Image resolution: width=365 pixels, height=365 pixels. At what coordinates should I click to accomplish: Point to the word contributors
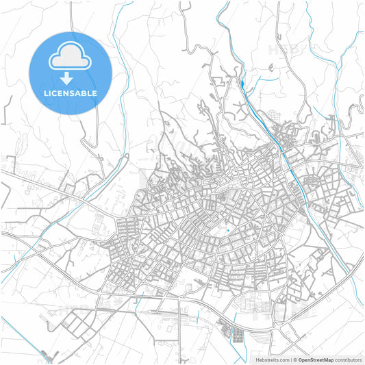click(x=347, y=359)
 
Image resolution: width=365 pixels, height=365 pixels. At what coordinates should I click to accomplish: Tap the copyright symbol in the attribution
click(x=294, y=359)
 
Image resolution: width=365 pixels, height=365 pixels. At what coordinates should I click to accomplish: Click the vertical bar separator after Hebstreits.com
click(x=290, y=359)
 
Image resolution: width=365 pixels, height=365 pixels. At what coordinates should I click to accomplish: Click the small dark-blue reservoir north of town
click(x=243, y=84)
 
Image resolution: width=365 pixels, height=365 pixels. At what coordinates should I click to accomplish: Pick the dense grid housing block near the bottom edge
click(x=237, y=336)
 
